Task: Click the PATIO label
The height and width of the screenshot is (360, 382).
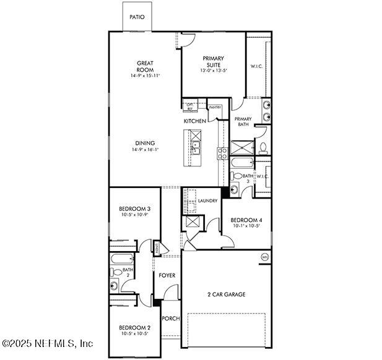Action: (x=137, y=17)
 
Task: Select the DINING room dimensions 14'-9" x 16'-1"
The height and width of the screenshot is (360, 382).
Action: (x=145, y=150)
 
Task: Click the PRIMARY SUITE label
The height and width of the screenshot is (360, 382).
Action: (x=213, y=62)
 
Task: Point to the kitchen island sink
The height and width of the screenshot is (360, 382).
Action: (x=196, y=147)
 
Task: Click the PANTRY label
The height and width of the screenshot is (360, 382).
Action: (x=215, y=108)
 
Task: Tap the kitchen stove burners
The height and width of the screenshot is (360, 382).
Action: (x=221, y=152)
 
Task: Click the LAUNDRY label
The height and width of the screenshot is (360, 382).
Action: (x=207, y=201)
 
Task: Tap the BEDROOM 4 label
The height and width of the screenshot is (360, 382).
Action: (x=246, y=220)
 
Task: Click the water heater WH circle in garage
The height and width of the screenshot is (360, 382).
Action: (x=264, y=257)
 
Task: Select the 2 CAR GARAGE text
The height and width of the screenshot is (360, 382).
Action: (x=226, y=294)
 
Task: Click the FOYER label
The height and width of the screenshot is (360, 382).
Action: (x=167, y=275)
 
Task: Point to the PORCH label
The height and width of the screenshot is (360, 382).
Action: (x=170, y=319)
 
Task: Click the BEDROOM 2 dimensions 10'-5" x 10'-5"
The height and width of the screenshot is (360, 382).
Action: (x=134, y=333)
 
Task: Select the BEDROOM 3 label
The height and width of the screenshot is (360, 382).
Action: (x=134, y=209)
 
